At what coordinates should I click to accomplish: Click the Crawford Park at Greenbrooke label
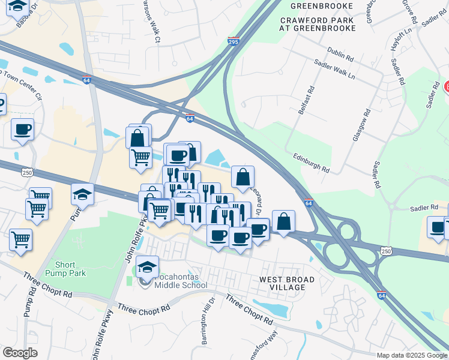coord(317,24)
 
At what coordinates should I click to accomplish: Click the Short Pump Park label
coord(70,269)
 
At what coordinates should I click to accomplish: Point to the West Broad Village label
coord(283,284)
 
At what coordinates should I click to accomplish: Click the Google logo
coord(19,353)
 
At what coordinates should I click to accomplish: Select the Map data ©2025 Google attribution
coord(411,355)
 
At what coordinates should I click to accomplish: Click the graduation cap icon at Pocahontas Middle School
coord(147,266)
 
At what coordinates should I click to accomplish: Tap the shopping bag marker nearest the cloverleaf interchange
coord(283,220)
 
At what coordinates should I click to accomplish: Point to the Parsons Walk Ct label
coord(151,21)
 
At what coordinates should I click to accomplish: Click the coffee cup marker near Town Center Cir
coord(22,129)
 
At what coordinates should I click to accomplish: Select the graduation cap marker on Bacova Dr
coord(18,7)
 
